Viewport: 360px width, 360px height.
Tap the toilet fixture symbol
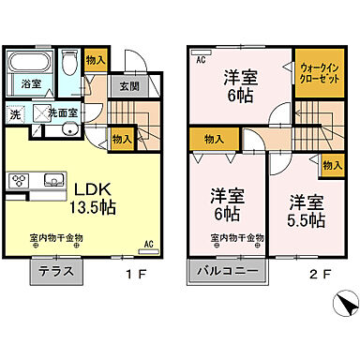pyautogui.click(x=69, y=68)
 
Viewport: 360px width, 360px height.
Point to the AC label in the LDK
pyautogui.click(x=147, y=245)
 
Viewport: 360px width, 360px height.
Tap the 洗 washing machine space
pyautogui.click(x=16, y=114)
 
